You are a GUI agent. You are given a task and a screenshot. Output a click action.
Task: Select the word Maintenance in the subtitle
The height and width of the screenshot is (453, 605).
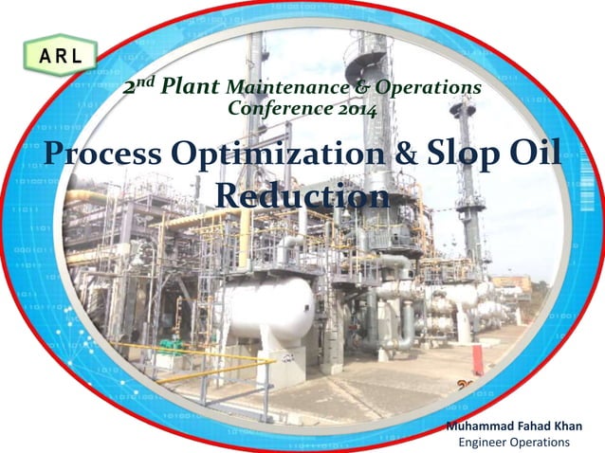click(x=272, y=88)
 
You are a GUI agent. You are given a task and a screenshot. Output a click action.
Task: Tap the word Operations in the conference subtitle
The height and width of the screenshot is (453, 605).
click(x=428, y=88)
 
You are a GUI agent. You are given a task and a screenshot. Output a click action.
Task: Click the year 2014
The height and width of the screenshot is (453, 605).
click(x=352, y=109)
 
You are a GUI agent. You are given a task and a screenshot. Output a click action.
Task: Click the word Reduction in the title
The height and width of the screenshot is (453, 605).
click(x=302, y=195)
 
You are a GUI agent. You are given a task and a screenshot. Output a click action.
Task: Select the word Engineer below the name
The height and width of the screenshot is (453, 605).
click(x=484, y=443)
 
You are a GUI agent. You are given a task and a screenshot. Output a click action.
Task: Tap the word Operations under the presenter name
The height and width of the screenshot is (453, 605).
click(x=541, y=443)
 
